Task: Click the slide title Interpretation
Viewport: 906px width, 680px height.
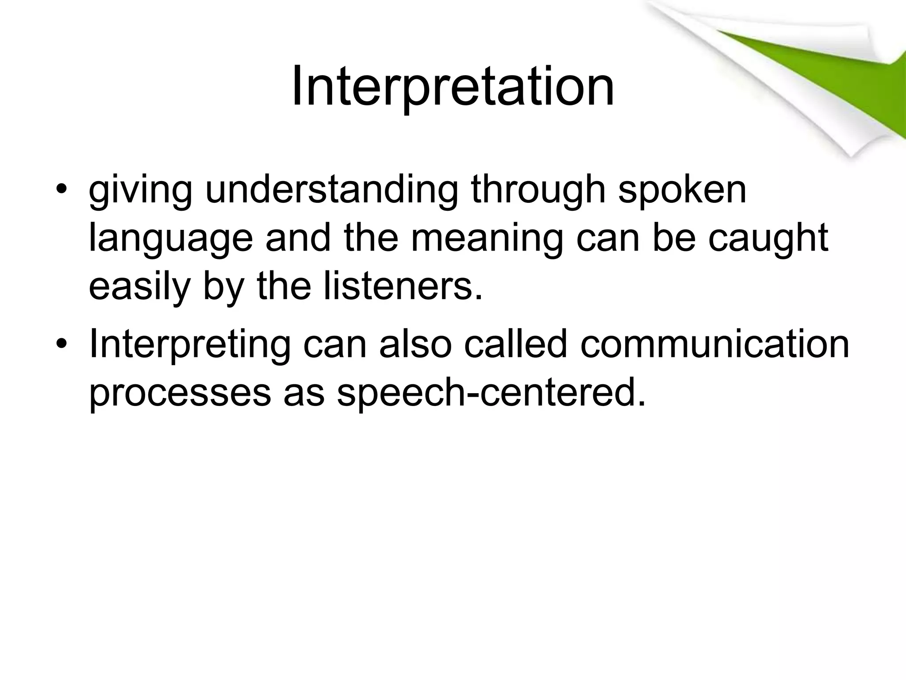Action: pyautogui.click(x=453, y=86)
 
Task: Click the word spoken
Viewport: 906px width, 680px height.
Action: pyautogui.click(x=682, y=191)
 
